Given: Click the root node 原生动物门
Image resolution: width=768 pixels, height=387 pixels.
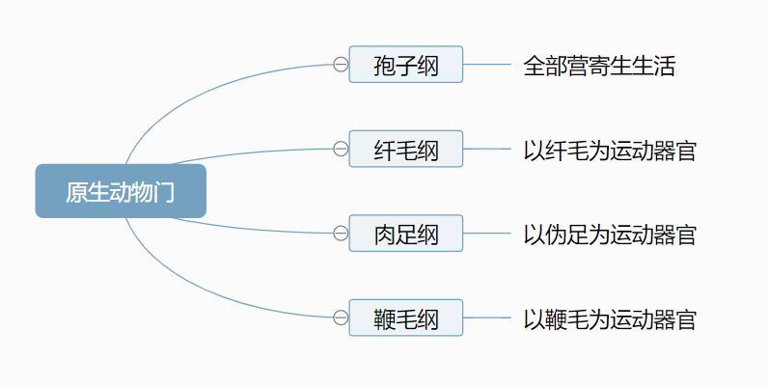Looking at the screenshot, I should pyautogui.click(x=121, y=191).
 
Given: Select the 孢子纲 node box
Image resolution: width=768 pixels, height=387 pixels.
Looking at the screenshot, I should pyautogui.click(x=405, y=65).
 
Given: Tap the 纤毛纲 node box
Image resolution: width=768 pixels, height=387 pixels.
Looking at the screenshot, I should pyautogui.click(x=405, y=150).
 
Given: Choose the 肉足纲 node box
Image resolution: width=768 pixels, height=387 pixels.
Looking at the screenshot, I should pyautogui.click(x=405, y=234).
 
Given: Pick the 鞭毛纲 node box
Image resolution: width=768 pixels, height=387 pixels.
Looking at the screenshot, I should pyautogui.click(x=405, y=318).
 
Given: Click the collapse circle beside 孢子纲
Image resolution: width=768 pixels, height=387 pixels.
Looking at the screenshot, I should pyautogui.click(x=340, y=65).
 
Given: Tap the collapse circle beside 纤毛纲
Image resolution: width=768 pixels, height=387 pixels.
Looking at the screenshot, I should pyautogui.click(x=340, y=150).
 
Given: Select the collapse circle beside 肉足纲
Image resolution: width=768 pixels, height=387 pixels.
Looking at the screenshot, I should pyautogui.click(x=340, y=234).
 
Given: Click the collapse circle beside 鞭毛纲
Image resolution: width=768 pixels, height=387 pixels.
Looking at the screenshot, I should pyautogui.click(x=340, y=318).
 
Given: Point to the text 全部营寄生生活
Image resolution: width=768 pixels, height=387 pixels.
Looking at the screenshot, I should pyautogui.click(x=599, y=66).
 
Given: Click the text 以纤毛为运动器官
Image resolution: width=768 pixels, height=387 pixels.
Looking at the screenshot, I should pyautogui.click(x=609, y=151).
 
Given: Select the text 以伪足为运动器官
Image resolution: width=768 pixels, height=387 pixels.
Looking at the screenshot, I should pyautogui.click(x=609, y=235).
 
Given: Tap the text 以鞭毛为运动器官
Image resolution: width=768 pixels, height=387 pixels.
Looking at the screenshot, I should pyautogui.click(x=609, y=318).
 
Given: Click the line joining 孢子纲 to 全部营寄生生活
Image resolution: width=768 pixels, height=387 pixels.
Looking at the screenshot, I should pyautogui.click(x=487, y=65).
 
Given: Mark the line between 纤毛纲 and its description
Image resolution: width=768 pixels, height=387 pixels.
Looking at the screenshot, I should pyautogui.click(x=487, y=150).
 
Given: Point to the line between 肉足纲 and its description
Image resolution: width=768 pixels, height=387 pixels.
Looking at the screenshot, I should pyautogui.click(x=487, y=234).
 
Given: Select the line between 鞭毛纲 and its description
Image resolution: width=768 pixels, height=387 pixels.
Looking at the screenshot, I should pyautogui.click(x=487, y=318).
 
